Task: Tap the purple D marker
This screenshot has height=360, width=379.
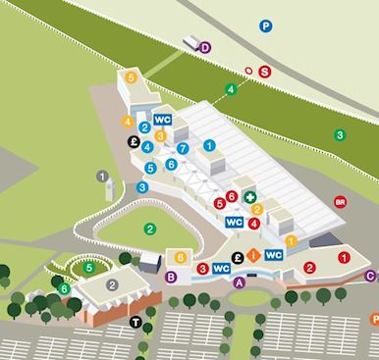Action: point(205,46)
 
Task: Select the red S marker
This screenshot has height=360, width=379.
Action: point(263,70)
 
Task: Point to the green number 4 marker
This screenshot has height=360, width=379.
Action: point(231,90)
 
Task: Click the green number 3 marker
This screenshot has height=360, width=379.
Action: point(340,134)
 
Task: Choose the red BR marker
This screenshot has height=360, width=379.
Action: point(340,201)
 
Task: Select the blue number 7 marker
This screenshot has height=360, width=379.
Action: point(184,148)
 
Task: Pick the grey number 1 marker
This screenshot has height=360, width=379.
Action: point(101,176)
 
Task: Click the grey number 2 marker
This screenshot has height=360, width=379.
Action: point(113,284)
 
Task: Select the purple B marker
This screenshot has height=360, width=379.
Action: point(171,278)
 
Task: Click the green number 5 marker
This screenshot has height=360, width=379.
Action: point(89,266)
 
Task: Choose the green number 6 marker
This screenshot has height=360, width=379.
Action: point(65,287)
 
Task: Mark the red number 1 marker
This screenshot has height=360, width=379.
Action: point(343,257)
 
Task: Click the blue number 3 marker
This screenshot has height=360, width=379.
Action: point(143,186)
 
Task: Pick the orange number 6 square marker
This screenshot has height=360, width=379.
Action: point(181,257)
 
